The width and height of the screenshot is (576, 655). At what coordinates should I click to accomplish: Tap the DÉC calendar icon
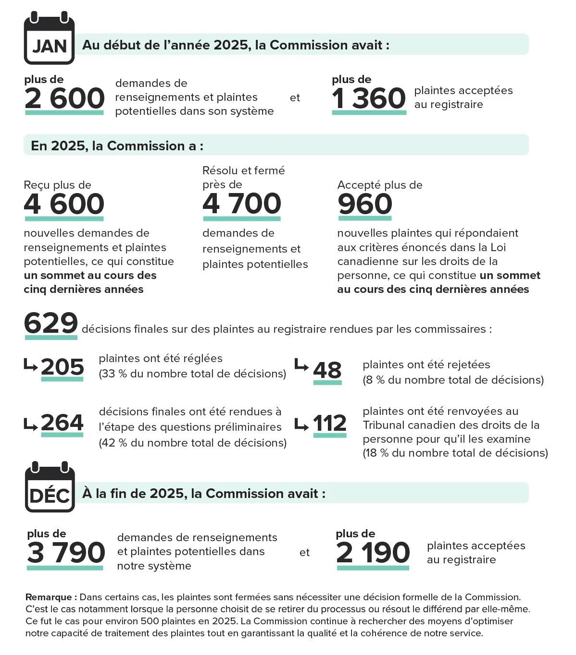point(50,488)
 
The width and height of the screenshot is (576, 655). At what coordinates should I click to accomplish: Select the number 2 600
point(64,98)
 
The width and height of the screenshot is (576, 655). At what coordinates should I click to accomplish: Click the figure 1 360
point(369,98)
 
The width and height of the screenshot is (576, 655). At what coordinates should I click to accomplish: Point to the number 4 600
point(64,204)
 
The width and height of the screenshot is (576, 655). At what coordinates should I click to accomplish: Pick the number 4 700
point(242,204)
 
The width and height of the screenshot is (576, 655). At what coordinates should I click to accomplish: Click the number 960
point(365,204)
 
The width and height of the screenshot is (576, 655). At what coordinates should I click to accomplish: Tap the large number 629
point(51,323)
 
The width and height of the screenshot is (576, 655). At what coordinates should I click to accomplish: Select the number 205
point(63,367)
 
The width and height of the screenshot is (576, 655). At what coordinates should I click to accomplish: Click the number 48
point(327,371)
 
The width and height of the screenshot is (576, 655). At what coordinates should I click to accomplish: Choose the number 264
point(63,423)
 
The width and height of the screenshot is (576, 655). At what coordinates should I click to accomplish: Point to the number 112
point(330,424)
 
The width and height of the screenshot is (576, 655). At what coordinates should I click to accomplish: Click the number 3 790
point(66,553)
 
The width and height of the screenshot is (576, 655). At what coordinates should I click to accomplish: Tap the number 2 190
point(373,553)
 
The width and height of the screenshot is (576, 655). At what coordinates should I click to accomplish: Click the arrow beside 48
point(301,365)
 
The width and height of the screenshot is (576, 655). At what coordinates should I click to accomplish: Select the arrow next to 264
point(31,425)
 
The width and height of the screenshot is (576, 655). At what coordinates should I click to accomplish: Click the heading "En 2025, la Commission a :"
point(117,146)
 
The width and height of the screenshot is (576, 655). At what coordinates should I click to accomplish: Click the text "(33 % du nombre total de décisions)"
point(192,374)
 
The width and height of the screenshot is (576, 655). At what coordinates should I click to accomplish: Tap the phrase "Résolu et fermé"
point(244,170)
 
